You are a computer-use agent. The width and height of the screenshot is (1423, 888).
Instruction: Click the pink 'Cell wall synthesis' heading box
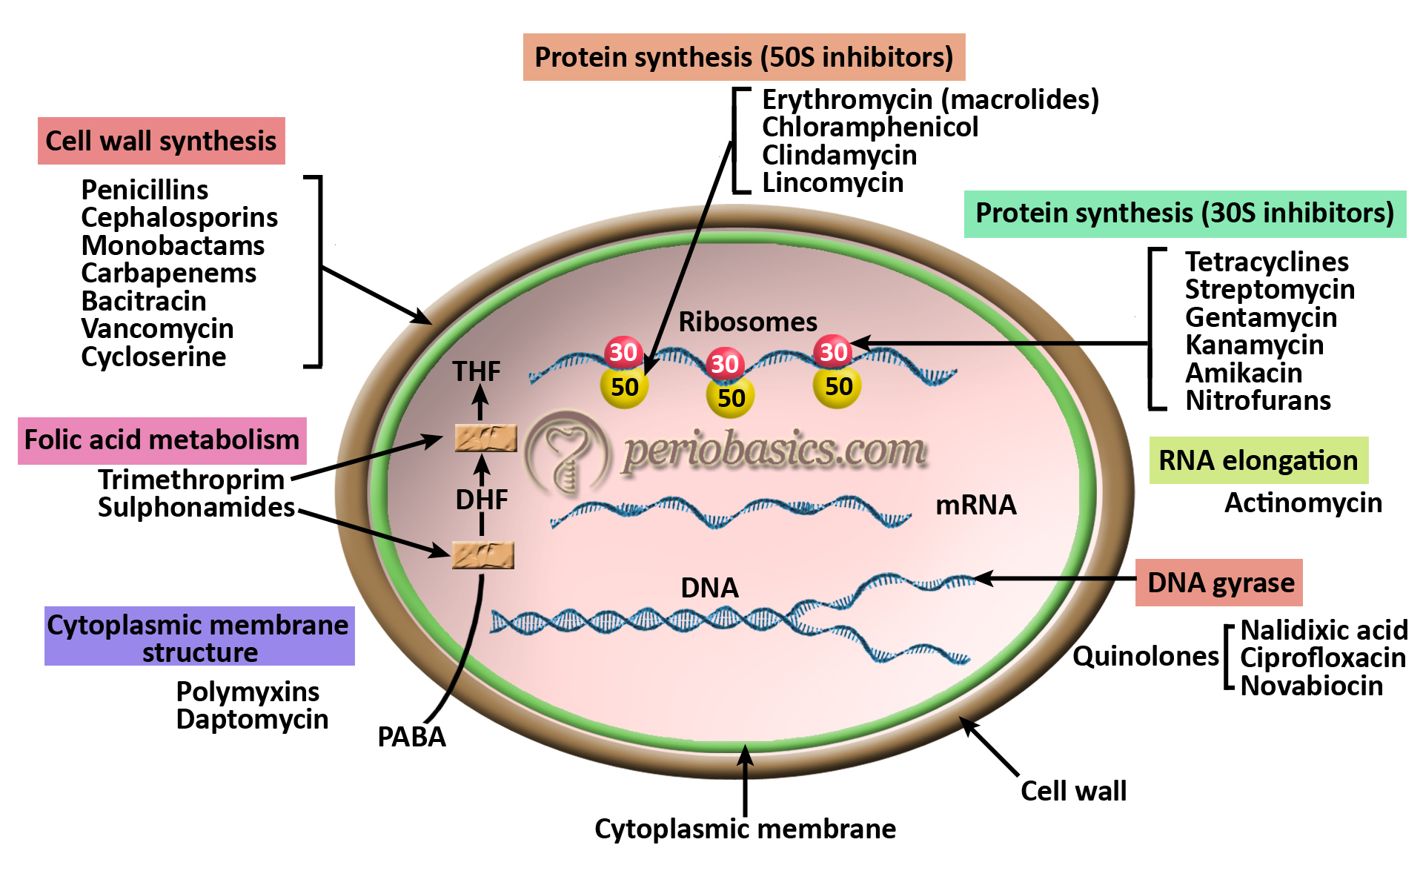point(161,141)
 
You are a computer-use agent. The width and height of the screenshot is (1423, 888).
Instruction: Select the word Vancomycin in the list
point(157,328)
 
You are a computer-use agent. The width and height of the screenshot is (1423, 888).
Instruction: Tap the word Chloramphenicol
point(870,127)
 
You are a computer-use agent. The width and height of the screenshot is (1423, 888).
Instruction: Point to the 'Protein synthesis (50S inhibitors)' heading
point(743,57)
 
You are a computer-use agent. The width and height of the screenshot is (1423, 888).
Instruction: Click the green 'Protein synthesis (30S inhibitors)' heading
point(1184,213)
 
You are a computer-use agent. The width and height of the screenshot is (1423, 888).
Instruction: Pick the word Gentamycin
point(1261,317)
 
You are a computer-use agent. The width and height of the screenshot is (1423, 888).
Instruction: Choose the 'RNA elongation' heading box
point(1258,460)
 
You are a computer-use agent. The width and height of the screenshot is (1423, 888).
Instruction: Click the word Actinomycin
point(1303,503)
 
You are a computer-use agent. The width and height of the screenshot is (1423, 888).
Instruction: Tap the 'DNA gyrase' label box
point(1220,583)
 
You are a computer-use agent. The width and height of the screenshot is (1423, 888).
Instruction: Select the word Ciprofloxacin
point(1322,657)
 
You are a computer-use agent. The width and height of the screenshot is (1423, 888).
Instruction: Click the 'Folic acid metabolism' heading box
point(162,440)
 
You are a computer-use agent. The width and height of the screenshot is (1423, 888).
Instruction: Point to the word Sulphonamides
point(196,508)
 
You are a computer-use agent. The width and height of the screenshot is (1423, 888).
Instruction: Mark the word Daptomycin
point(252,719)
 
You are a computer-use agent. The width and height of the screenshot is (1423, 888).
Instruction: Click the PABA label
point(411,737)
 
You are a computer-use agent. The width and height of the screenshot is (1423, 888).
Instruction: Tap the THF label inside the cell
point(477,371)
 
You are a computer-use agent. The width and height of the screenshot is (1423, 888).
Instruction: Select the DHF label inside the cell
point(482,500)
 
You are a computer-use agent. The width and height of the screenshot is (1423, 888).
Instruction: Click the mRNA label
point(975,505)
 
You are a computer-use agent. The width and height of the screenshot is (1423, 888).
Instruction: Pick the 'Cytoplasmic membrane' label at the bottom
point(745,829)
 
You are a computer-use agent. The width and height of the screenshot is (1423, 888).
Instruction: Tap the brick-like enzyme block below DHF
point(482,555)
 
